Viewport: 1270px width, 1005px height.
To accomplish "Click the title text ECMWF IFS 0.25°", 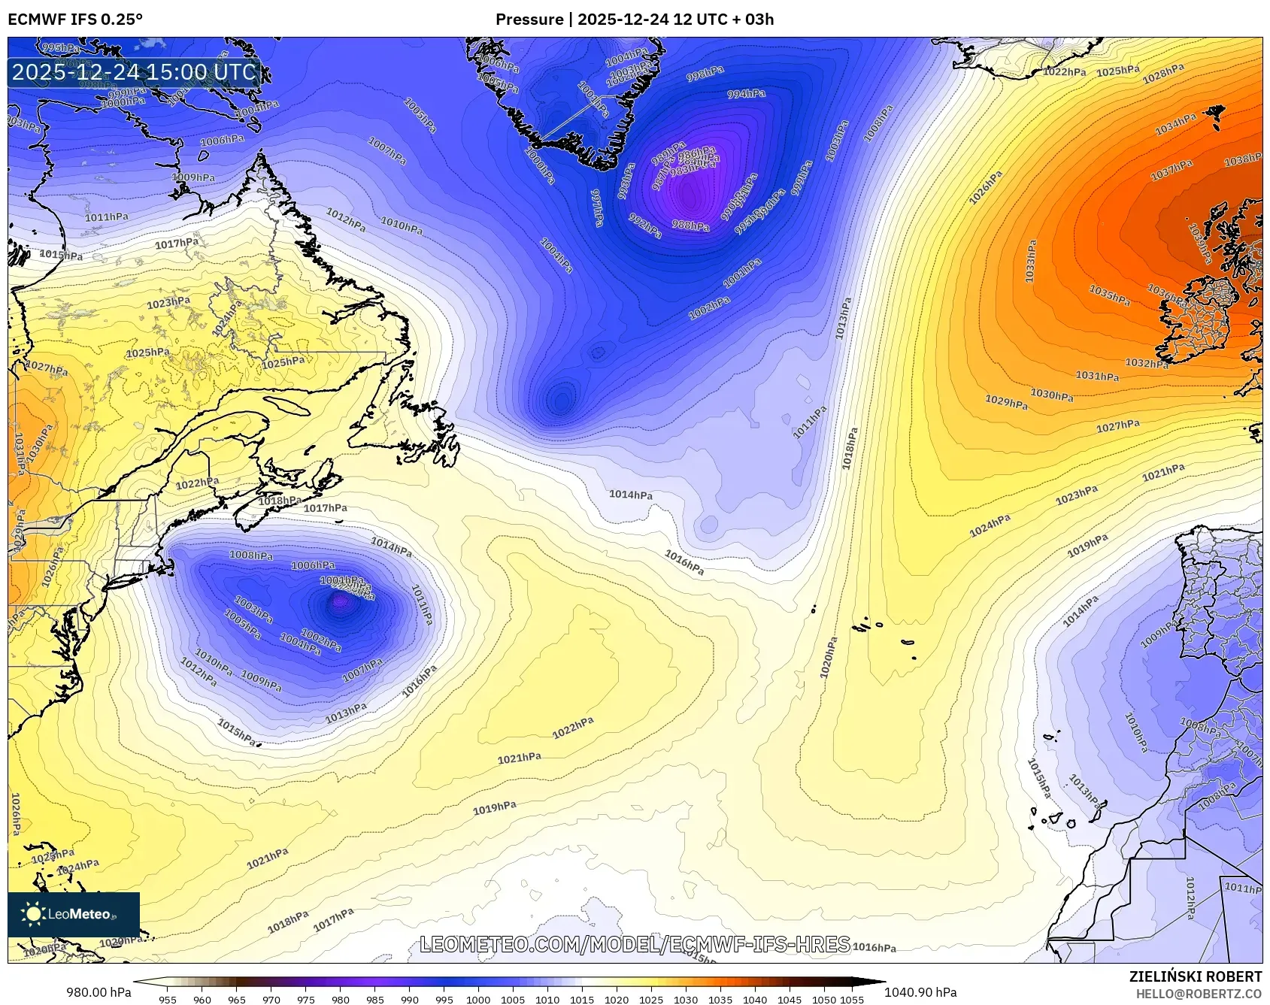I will click(75, 20).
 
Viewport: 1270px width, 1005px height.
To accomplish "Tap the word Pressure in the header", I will click(529, 20).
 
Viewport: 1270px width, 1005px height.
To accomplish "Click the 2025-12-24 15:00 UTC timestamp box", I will click(134, 72).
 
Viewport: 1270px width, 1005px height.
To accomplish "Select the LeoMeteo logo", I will click(74, 914).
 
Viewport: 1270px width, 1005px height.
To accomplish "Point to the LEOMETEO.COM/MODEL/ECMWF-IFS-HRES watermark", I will click(635, 944).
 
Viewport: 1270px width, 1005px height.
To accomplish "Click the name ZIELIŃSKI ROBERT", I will click(1195, 976).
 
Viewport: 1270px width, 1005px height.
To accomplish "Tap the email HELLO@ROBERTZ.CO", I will click(1199, 994).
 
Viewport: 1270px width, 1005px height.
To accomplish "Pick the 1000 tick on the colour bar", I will click(478, 1000).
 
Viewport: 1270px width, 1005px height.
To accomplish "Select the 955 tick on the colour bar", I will click(168, 1000).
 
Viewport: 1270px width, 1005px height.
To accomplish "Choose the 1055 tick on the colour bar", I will click(851, 1000).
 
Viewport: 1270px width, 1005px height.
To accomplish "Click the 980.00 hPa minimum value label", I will click(99, 992).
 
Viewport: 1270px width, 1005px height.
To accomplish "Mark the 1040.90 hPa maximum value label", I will click(920, 992).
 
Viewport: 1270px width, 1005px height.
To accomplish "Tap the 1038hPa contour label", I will click(1242, 159).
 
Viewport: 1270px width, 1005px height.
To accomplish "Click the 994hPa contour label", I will click(746, 94).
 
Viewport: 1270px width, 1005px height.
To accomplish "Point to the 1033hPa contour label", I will click(1031, 261).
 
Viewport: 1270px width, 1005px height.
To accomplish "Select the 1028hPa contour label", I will click(1163, 74).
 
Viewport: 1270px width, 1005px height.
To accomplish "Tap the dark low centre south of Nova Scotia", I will click(341, 601).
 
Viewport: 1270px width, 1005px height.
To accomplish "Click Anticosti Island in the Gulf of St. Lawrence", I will click(288, 407).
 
